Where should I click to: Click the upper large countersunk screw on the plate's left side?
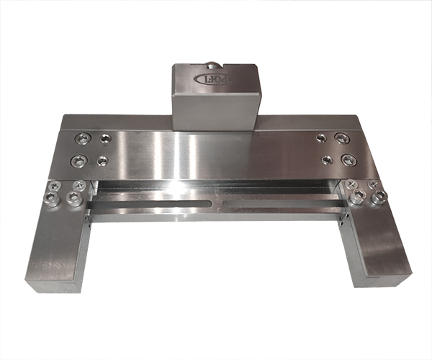click(79, 139)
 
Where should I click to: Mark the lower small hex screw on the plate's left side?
click(103, 159)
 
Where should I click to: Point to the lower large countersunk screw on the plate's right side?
click(349, 158)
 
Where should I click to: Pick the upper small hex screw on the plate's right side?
click(320, 136)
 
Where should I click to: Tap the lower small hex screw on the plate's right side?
click(328, 158)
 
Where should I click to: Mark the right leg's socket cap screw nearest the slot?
click(356, 197)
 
